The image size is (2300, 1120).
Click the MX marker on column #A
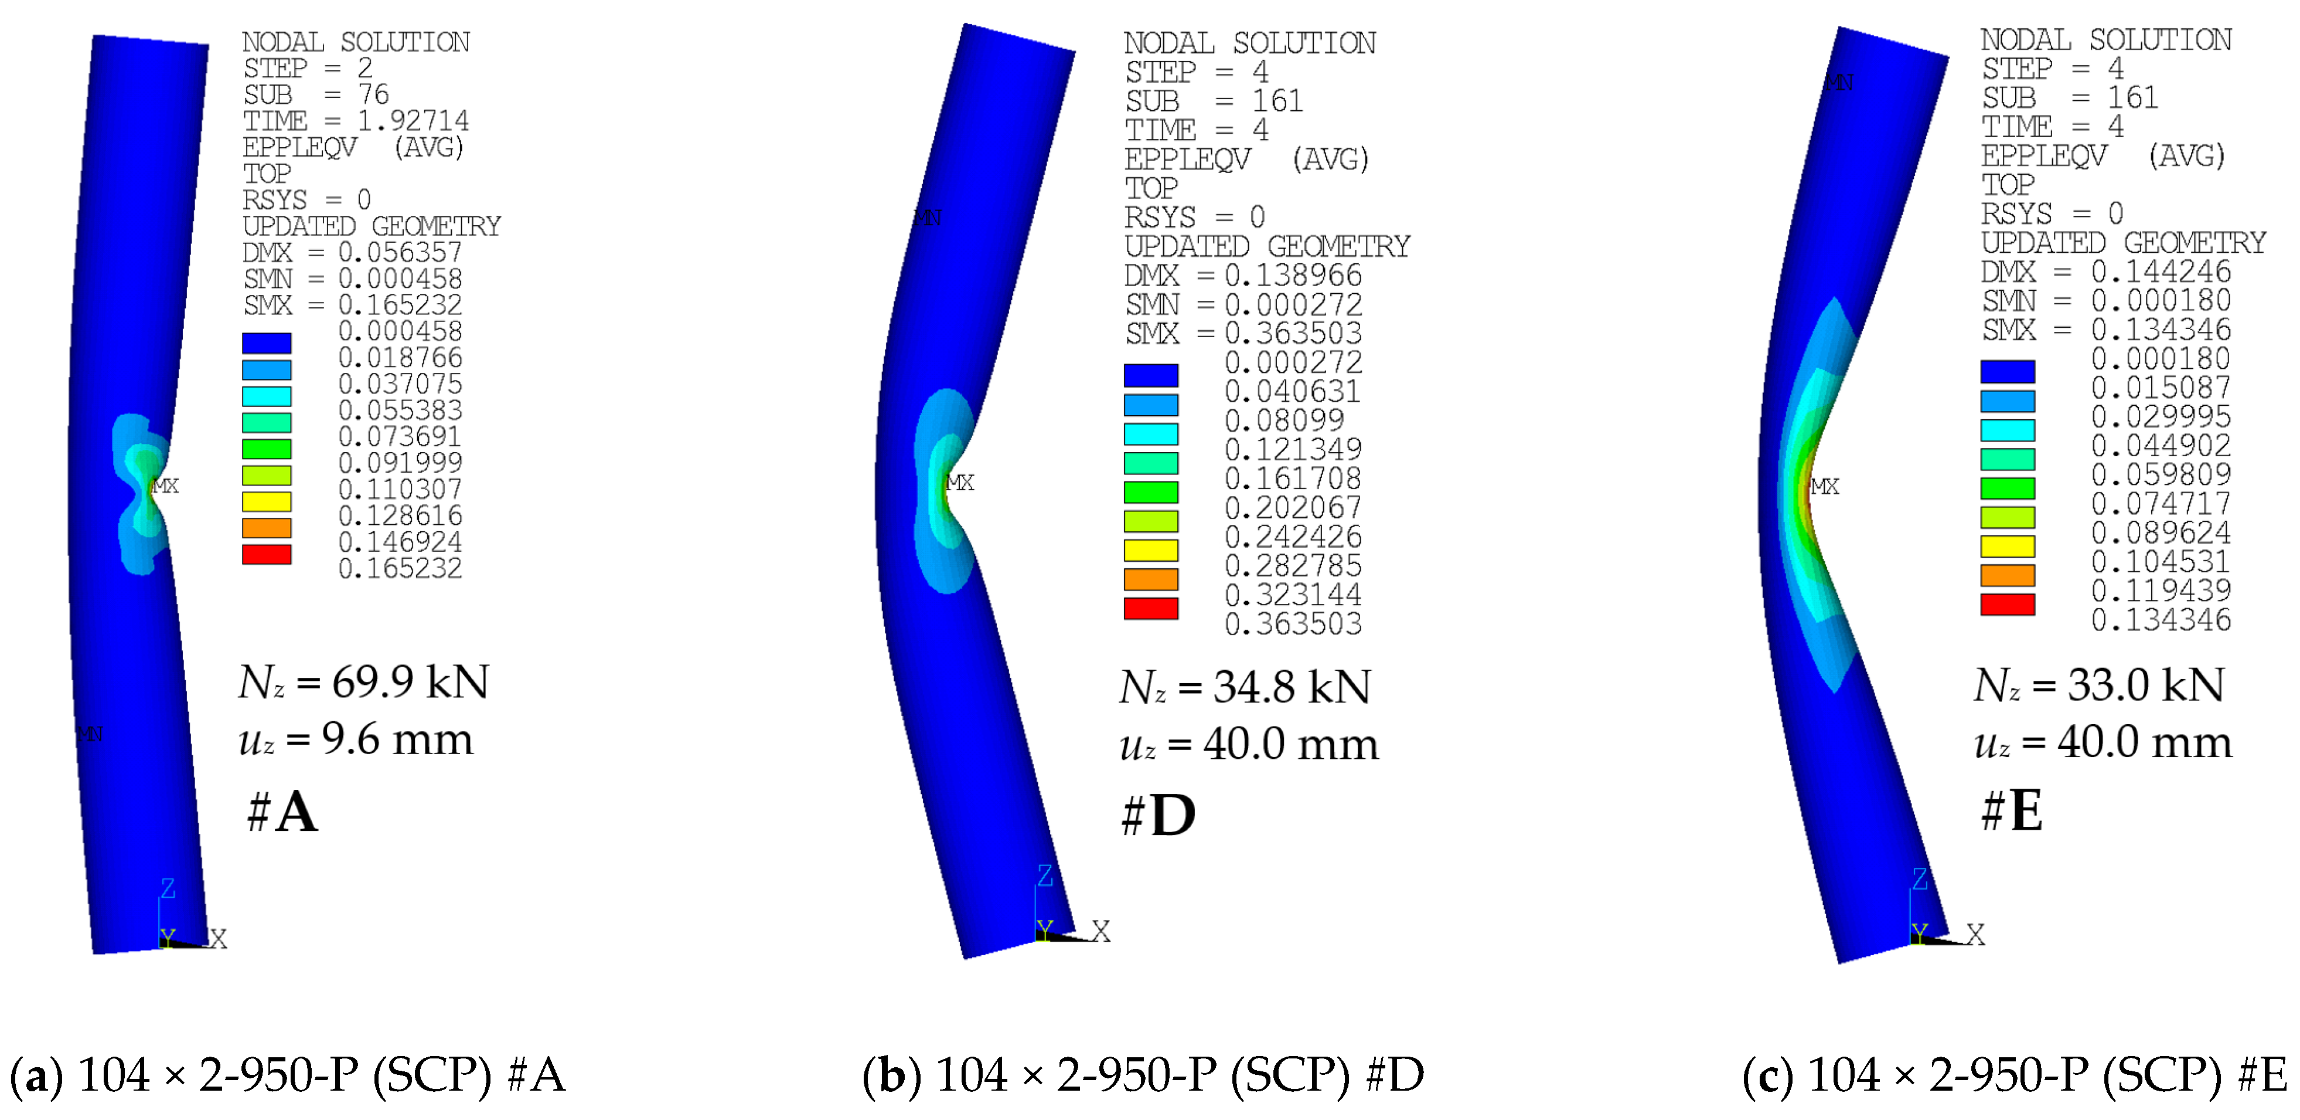tap(165, 486)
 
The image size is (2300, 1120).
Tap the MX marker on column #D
tap(960, 482)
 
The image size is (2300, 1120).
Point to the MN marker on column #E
tap(1838, 83)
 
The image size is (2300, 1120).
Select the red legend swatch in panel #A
tap(266, 555)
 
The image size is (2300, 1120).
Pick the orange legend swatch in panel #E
tap(2007, 575)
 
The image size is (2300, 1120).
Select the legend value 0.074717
tap(2161, 503)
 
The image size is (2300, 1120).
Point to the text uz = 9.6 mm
tap(355, 739)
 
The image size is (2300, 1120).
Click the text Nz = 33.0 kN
tap(2098, 686)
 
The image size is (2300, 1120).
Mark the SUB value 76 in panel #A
tap(373, 94)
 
